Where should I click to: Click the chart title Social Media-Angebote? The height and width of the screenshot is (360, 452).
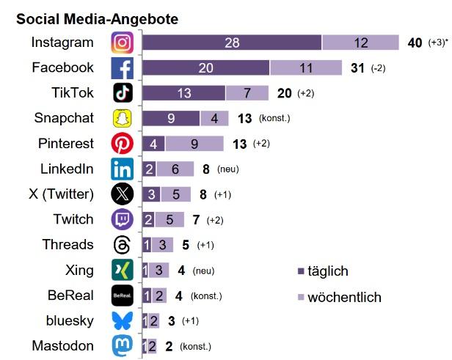coord(97,18)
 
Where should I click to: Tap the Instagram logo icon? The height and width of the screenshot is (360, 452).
coord(123,43)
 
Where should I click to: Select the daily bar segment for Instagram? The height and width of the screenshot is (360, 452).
coord(232,43)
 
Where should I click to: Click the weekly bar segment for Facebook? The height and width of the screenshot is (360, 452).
coord(306,67)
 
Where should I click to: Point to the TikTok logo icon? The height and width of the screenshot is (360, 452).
coord(123,93)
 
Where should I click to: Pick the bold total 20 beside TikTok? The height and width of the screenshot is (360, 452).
coord(285,93)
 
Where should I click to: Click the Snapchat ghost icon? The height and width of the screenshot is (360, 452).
coord(123,118)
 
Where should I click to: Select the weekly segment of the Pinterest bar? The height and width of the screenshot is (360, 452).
coord(194,144)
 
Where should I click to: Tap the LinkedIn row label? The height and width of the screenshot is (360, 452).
coord(67,169)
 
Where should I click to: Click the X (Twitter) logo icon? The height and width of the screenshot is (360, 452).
coord(123,194)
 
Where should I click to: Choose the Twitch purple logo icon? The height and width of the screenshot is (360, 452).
coord(123,219)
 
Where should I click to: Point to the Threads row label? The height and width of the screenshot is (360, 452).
coord(68,244)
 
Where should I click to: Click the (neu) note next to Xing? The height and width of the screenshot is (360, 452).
coord(203,271)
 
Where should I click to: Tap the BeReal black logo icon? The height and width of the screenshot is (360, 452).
coord(123,295)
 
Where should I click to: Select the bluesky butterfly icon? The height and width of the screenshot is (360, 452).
coord(123,320)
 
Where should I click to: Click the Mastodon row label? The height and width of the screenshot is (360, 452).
coord(63,345)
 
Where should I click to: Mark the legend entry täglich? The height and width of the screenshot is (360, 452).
coord(327,271)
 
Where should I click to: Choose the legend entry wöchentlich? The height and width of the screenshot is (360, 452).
coord(344,297)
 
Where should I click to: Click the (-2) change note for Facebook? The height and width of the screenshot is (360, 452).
coord(378,68)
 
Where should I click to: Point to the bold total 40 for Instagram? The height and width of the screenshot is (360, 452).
coord(415,43)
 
